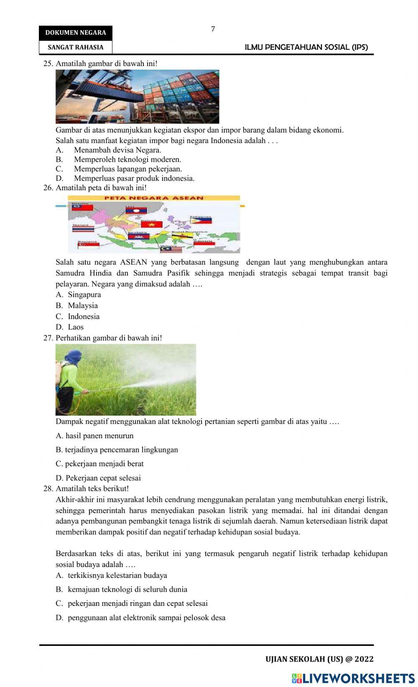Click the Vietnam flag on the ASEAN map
click(151, 224)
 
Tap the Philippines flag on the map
click(201, 220)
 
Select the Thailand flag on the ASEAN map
click(83, 229)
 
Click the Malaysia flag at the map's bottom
click(171, 250)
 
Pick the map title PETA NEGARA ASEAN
click(154, 198)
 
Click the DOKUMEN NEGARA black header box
click(76, 33)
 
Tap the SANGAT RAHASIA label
click(76, 47)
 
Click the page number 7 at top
click(213, 29)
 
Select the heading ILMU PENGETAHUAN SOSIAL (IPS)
click(306, 47)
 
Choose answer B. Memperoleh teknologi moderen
click(127, 159)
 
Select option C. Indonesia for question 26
click(83, 317)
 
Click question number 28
click(48, 488)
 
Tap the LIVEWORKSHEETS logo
click(353, 678)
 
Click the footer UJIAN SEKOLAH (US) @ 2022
click(319, 659)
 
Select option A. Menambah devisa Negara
click(117, 150)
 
